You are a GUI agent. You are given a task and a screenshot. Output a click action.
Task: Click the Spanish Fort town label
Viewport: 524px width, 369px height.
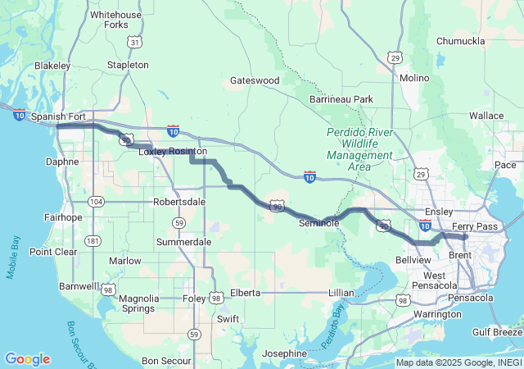(x=58, y=116)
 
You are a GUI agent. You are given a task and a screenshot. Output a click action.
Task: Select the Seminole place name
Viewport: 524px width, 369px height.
(x=318, y=222)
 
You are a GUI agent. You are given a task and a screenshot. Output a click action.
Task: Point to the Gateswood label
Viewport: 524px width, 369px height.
(x=255, y=80)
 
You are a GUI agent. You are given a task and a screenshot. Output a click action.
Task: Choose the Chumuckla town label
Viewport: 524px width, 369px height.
(x=461, y=40)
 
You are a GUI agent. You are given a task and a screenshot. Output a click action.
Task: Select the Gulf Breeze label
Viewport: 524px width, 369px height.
(x=497, y=331)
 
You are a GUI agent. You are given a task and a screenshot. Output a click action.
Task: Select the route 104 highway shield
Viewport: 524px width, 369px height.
(x=97, y=201)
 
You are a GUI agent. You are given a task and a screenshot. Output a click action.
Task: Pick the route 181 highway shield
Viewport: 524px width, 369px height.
(x=93, y=241)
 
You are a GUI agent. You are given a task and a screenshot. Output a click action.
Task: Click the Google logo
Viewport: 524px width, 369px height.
(x=27, y=359)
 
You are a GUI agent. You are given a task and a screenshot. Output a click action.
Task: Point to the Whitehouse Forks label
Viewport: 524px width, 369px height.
(x=115, y=20)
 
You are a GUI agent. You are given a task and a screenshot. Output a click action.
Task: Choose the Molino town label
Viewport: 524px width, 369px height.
(x=414, y=78)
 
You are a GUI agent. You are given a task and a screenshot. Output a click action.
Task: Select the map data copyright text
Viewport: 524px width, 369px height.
(x=458, y=362)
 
